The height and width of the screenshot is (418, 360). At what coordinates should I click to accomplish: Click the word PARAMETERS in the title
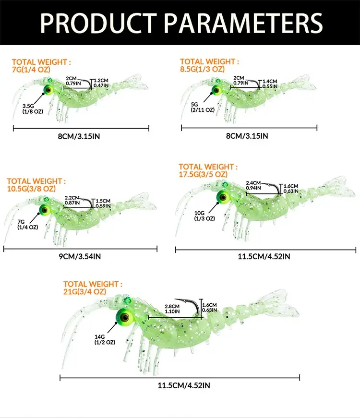[243, 23]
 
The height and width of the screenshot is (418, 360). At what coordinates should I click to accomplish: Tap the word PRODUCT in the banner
[98, 23]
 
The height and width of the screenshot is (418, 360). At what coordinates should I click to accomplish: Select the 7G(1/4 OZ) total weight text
[31, 70]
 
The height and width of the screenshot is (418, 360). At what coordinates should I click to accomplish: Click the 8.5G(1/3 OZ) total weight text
[203, 69]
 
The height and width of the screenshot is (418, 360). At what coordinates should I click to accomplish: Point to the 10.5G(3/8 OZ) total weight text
[32, 189]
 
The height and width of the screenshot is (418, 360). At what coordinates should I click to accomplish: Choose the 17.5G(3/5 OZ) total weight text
[203, 174]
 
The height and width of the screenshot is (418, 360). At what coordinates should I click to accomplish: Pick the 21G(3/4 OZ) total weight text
[85, 292]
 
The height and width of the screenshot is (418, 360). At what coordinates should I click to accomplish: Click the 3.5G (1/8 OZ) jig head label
[33, 109]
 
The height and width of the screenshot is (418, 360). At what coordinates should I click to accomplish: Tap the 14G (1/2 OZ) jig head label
[105, 340]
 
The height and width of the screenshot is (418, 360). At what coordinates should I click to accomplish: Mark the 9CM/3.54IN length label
[80, 256]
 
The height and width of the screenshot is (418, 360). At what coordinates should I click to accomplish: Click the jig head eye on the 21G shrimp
[124, 317]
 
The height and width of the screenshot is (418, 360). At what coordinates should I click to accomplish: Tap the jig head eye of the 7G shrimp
[48, 90]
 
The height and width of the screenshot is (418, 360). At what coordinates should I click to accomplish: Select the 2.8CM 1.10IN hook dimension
[172, 309]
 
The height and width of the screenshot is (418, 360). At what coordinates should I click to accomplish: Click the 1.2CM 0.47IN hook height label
[101, 83]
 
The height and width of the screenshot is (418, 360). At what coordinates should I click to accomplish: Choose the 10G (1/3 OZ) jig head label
[204, 215]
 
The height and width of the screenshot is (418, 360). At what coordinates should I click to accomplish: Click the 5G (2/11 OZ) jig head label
[203, 107]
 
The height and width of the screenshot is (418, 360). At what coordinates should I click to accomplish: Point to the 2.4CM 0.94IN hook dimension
[253, 185]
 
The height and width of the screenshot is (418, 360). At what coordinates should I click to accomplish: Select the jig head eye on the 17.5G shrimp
[223, 198]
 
